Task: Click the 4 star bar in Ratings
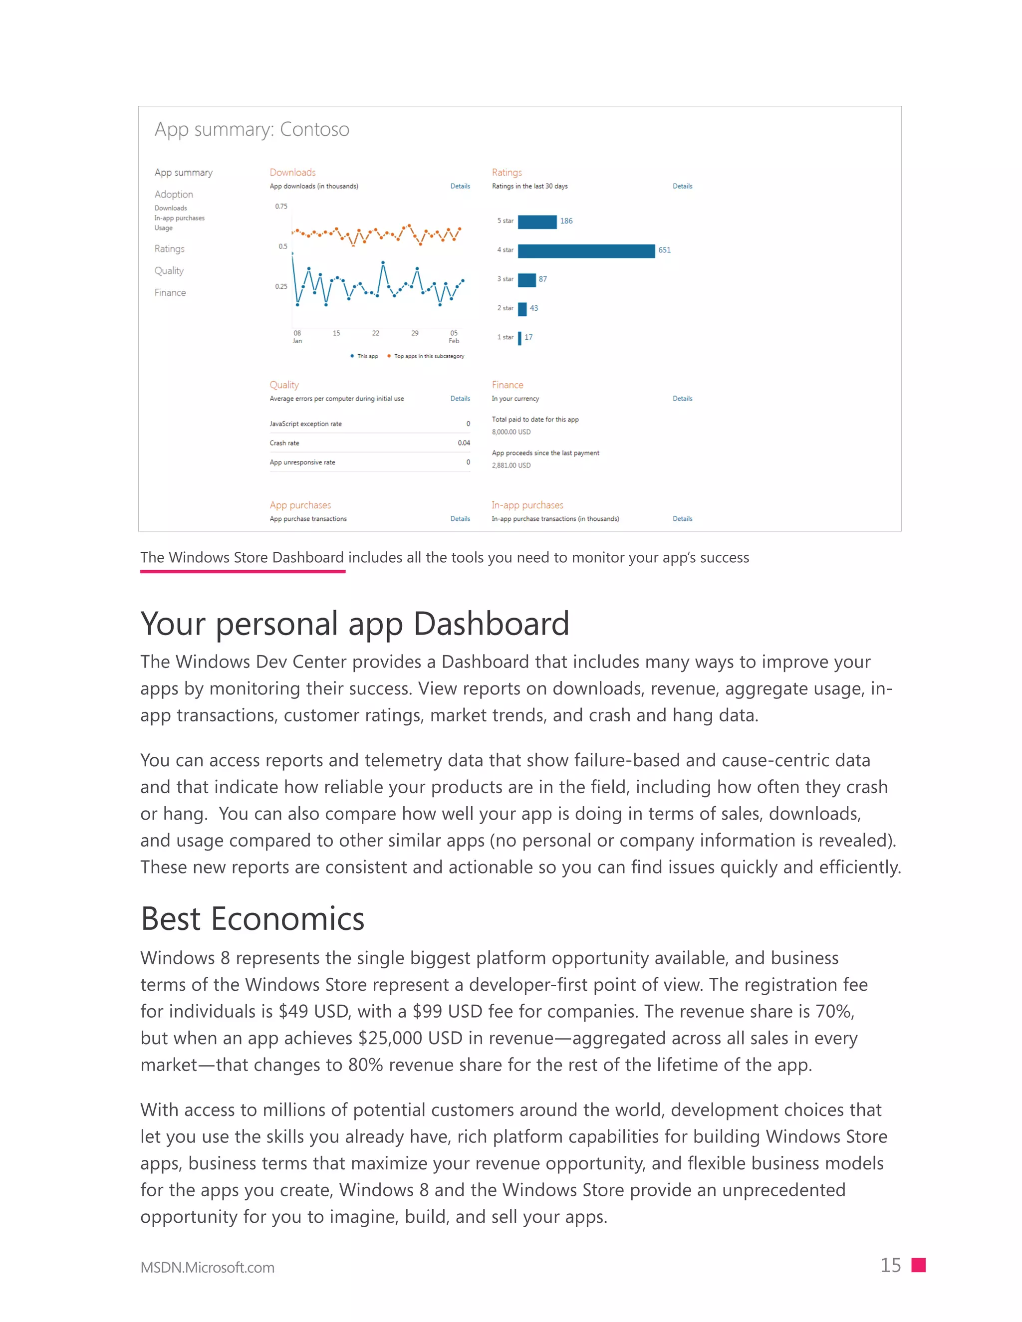(x=586, y=250)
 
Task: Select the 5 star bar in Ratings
(x=537, y=221)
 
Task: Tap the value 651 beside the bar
(x=664, y=250)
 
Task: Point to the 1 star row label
(x=505, y=337)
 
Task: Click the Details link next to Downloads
(x=460, y=187)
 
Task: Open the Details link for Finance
(x=682, y=399)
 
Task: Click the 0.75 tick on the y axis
(x=281, y=207)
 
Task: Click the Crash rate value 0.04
(x=464, y=443)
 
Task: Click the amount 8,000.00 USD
(x=511, y=432)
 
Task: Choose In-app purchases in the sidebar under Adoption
(x=179, y=219)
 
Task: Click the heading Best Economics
(x=253, y=919)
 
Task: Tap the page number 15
(x=890, y=1266)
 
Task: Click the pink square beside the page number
(x=919, y=1266)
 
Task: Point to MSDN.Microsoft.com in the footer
(x=207, y=1268)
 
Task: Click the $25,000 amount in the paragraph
(x=390, y=1039)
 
